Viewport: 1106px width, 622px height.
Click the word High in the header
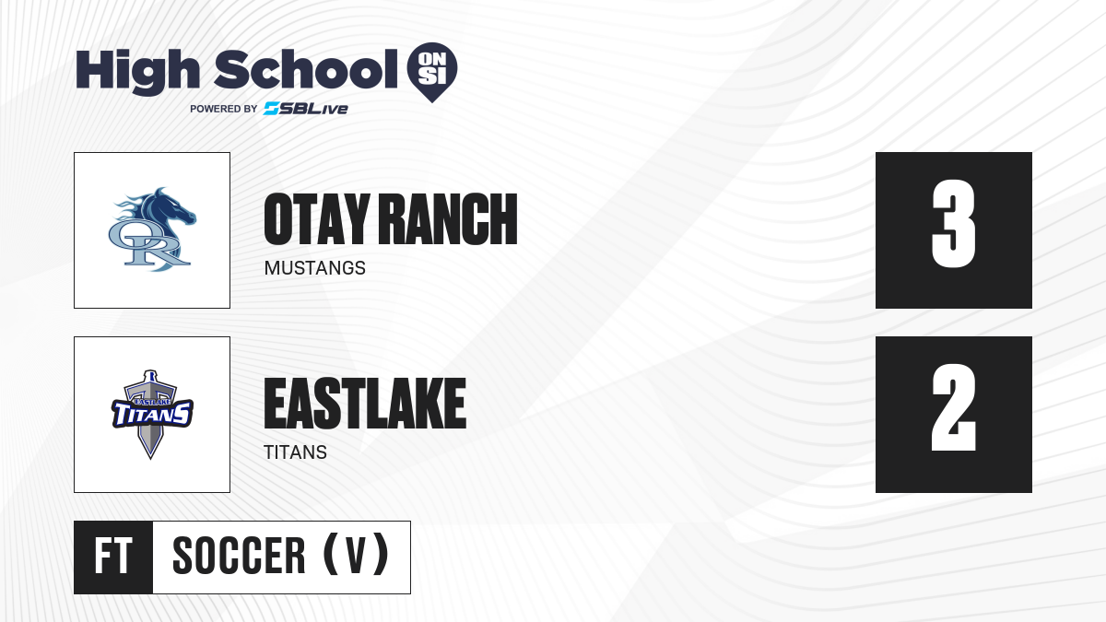tap(137, 72)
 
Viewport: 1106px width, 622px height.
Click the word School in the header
tap(306, 69)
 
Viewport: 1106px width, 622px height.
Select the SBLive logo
tap(306, 109)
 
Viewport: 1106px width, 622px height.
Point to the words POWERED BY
tap(224, 109)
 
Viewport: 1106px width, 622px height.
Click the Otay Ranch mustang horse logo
tap(152, 229)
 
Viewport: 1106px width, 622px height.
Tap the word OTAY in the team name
tap(316, 219)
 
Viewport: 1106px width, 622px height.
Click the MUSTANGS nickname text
tap(315, 268)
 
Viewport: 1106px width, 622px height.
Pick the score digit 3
tap(953, 224)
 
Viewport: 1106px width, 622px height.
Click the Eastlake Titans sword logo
tap(152, 415)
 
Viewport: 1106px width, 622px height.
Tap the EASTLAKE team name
tap(365, 404)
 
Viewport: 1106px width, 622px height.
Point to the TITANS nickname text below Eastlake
tap(295, 452)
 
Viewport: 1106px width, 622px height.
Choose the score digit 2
tap(953, 407)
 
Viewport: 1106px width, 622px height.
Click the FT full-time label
tap(113, 557)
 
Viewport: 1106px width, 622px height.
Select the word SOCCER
tap(239, 557)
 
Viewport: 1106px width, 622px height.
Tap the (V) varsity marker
tap(356, 555)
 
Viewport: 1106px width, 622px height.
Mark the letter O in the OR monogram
tap(125, 236)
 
